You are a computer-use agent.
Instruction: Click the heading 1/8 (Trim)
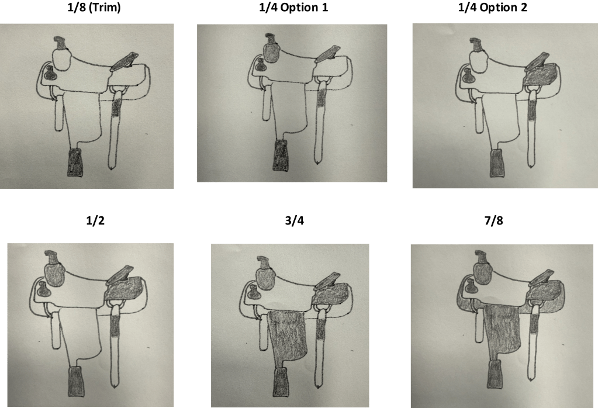point(94,7)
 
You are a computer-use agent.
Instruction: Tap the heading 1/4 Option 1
point(293,7)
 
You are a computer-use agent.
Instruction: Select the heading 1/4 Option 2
point(492,7)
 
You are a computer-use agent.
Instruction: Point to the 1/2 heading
point(95,220)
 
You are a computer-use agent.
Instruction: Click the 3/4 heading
point(295,220)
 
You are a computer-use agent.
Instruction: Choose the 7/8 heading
point(493,220)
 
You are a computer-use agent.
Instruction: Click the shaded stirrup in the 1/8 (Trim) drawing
point(75,162)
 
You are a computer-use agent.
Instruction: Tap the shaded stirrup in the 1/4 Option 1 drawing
point(281,155)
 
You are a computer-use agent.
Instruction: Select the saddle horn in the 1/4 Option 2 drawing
point(477,44)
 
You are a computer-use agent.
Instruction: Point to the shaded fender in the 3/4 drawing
point(287,336)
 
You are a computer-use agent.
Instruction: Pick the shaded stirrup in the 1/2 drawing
point(75,381)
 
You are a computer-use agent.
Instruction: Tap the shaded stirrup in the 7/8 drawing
point(495,375)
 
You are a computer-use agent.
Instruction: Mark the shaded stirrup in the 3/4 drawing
point(281,382)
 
